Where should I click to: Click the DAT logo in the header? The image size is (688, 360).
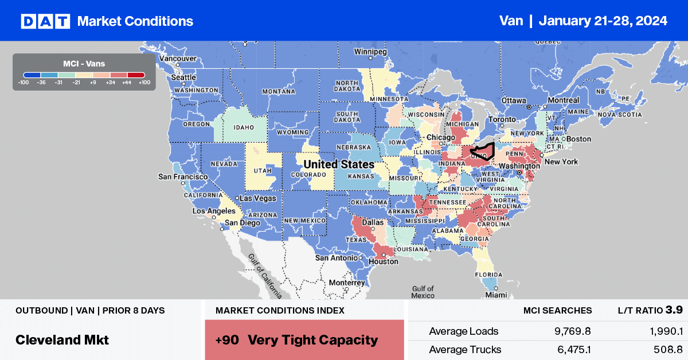44,21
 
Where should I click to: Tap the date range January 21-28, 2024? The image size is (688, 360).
603,21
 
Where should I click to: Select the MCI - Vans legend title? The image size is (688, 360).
84,64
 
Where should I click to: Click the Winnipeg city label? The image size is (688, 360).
371,51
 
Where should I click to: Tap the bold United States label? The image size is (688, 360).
338,165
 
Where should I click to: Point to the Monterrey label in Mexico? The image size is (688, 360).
346,283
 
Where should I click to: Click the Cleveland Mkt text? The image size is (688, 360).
62,339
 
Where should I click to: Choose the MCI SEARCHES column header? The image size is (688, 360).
557,311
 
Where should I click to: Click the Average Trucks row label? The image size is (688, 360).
465,349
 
